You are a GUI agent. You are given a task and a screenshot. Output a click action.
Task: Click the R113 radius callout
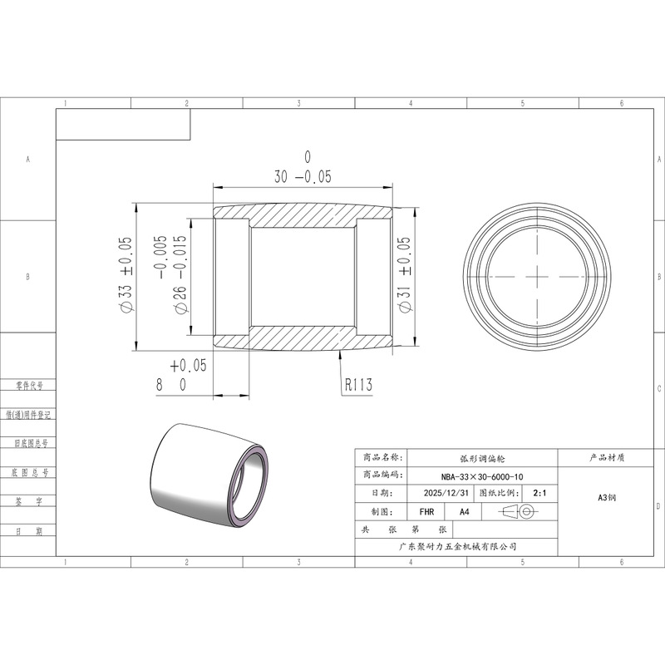pyautogui.click(x=358, y=385)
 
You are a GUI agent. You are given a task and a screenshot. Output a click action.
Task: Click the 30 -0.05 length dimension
pyautogui.click(x=303, y=168)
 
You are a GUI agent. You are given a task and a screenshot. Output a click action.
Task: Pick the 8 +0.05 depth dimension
pyautogui.click(x=181, y=376)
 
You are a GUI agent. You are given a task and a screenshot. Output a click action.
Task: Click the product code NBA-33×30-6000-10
pyautogui.click(x=482, y=476)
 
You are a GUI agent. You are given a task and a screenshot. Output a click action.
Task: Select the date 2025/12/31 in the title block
pyautogui.click(x=446, y=493)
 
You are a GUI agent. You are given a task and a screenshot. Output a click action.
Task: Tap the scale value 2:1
pyautogui.click(x=539, y=493)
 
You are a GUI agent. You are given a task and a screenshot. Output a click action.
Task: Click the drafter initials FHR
pyautogui.click(x=426, y=512)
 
